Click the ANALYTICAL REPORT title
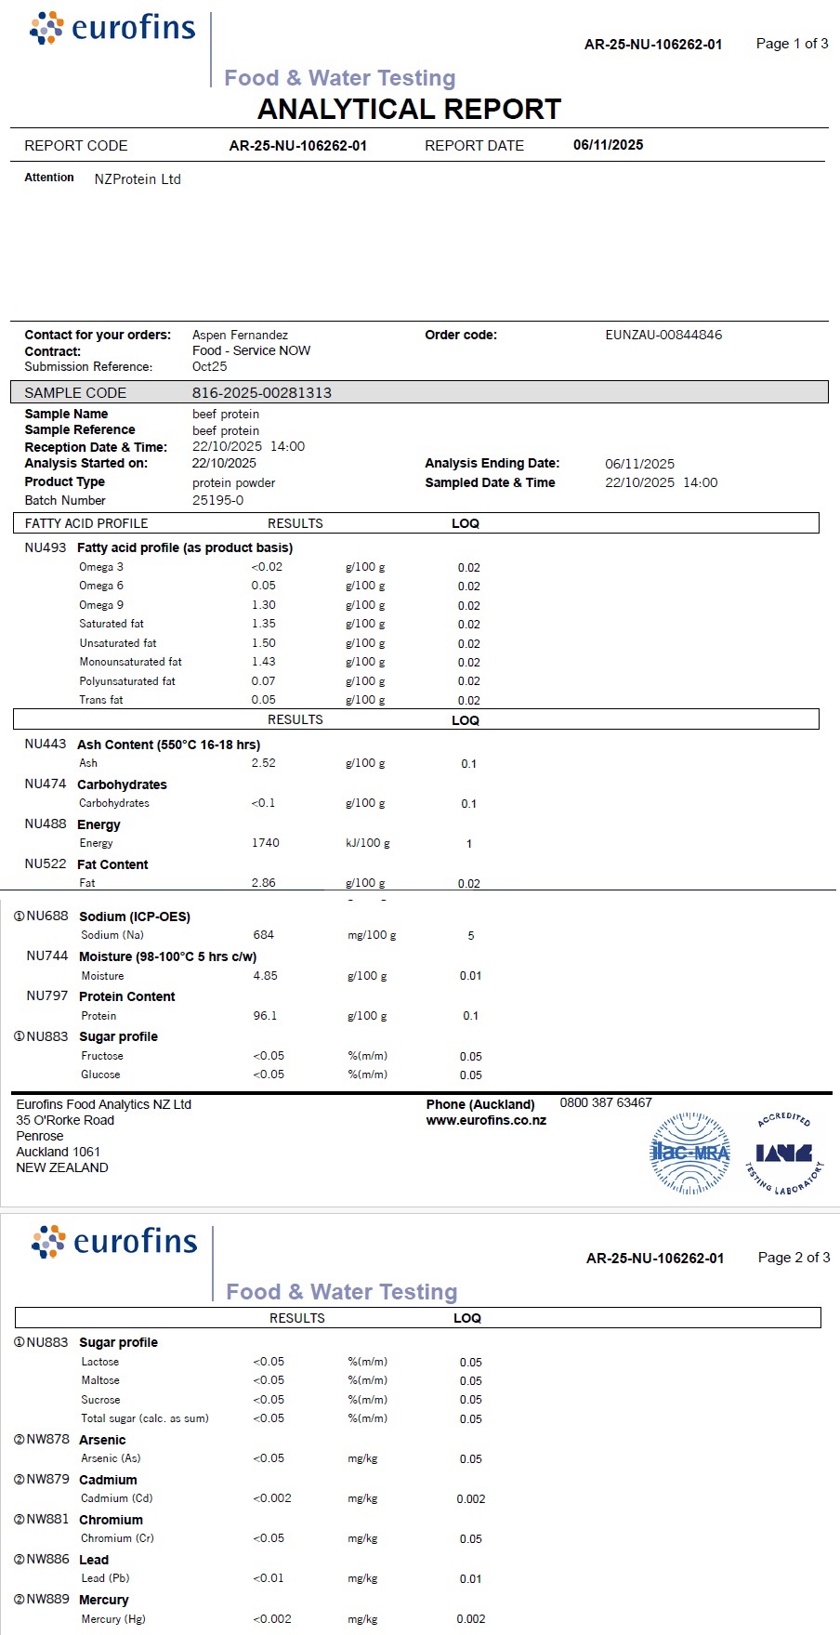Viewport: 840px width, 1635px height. click(x=409, y=110)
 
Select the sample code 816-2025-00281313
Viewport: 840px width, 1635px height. click(x=261, y=393)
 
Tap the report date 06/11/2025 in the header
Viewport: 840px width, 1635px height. click(x=608, y=145)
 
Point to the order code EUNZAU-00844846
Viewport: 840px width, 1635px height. click(x=663, y=335)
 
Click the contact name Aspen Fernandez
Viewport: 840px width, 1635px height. click(x=240, y=335)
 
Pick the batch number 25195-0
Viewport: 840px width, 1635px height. click(x=217, y=500)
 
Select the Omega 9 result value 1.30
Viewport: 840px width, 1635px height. click(x=263, y=605)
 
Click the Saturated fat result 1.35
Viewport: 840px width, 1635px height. click(x=263, y=624)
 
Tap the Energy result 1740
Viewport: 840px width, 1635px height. click(x=265, y=843)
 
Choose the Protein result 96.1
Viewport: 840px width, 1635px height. click(x=265, y=1016)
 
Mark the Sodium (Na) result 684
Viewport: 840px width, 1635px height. click(x=263, y=935)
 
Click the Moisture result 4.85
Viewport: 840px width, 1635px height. click(x=265, y=976)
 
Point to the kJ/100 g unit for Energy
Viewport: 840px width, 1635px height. click(x=367, y=843)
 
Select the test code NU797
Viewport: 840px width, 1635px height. click(x=47, y=996)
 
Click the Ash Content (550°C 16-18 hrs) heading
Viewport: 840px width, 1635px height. click(x=168, y=745)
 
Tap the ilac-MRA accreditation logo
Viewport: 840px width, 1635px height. click(x=689, y=1154)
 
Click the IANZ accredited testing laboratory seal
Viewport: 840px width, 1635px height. click(x=784, y=1153)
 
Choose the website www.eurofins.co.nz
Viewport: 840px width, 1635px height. click(x=486, y=1121)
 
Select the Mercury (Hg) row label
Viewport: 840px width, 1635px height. click(x=112, y=1619)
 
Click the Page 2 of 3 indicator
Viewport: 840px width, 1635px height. click(x=794, y=1258)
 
